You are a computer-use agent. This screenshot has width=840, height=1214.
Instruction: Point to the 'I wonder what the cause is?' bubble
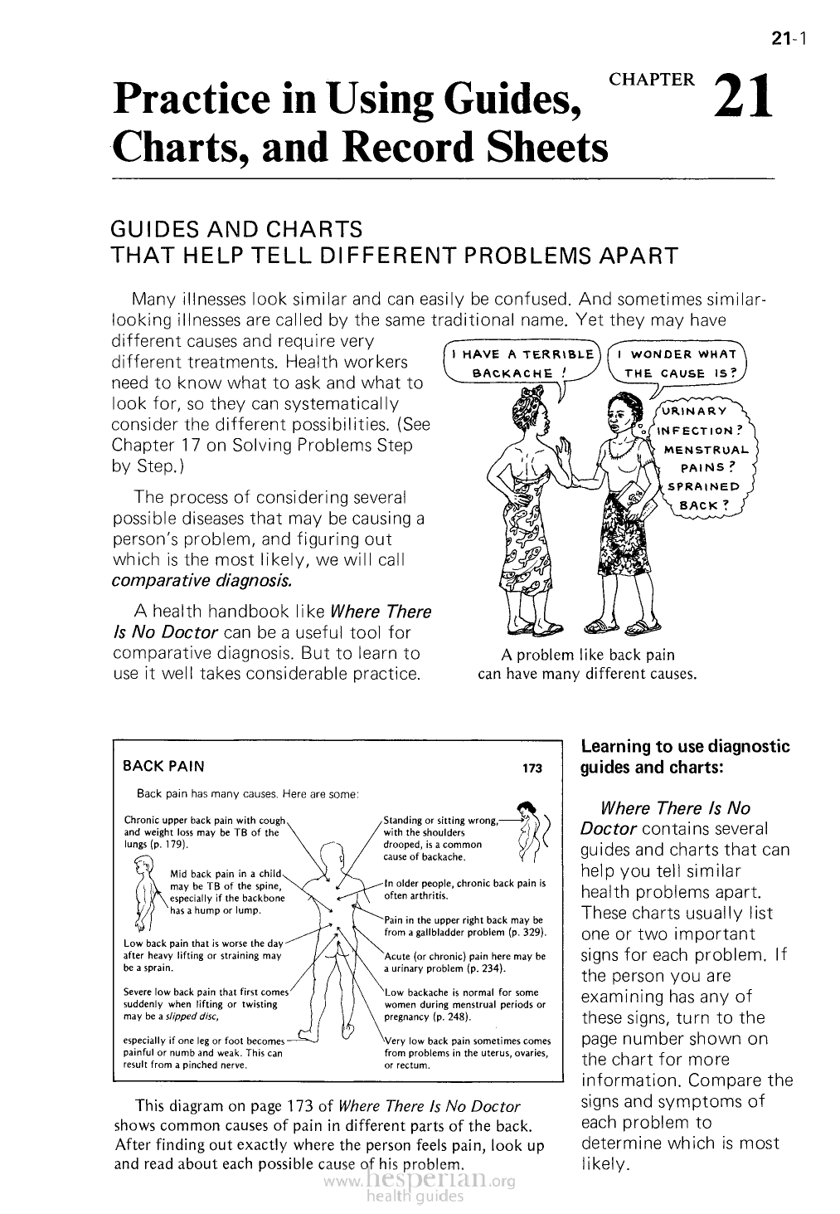[x=677, y=363]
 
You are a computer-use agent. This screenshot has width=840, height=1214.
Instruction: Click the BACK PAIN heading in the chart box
[x=163, y=766]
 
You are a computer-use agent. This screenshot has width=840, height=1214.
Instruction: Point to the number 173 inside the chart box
[x=531, y=768]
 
